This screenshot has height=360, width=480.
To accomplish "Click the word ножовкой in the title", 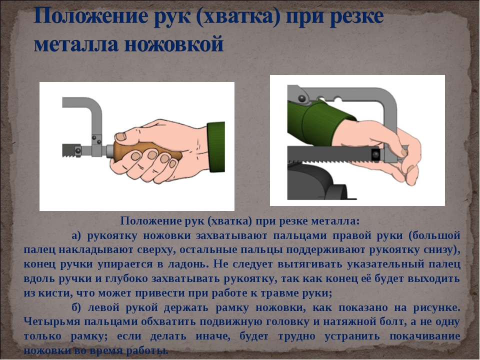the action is click(174, 44).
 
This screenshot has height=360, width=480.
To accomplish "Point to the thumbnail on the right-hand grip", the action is click(120, 136).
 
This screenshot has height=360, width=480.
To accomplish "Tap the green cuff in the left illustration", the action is click(216, 146).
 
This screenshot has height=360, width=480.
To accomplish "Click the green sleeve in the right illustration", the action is click(318, 122).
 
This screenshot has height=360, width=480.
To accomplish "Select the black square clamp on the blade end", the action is click(375, 154).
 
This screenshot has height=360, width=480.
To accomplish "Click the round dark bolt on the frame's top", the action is click(302, 98).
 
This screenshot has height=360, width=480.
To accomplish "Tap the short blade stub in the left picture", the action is click(68, 150).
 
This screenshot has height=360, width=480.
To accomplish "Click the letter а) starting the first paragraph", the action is click(76, 235).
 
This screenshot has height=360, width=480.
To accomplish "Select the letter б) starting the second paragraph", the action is click(76, 307).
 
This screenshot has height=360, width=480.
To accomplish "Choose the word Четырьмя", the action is click(50, 321).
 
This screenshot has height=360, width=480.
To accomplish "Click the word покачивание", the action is click(425, 336).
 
